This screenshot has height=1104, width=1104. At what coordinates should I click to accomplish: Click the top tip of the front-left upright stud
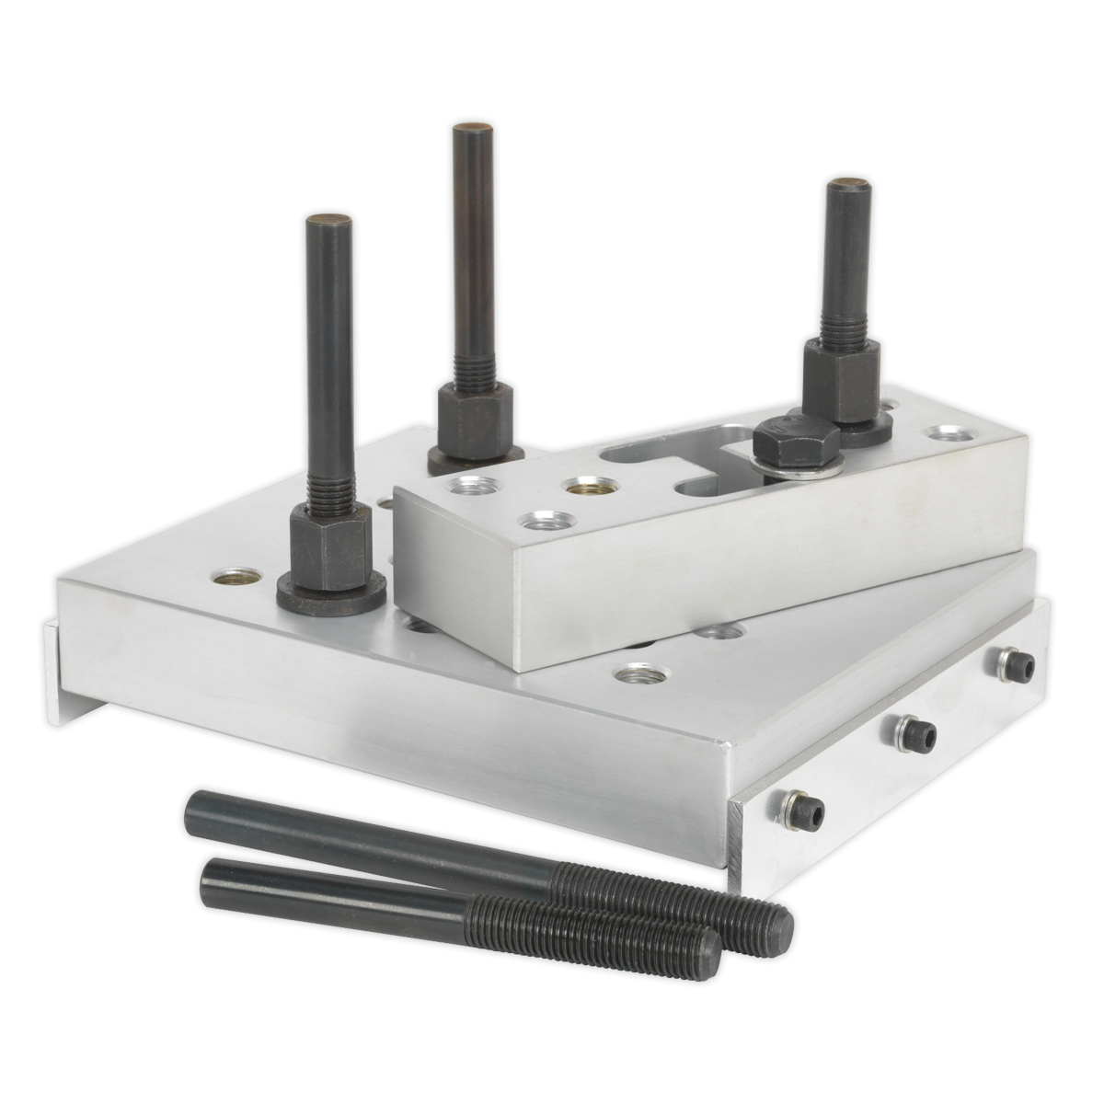322,222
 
